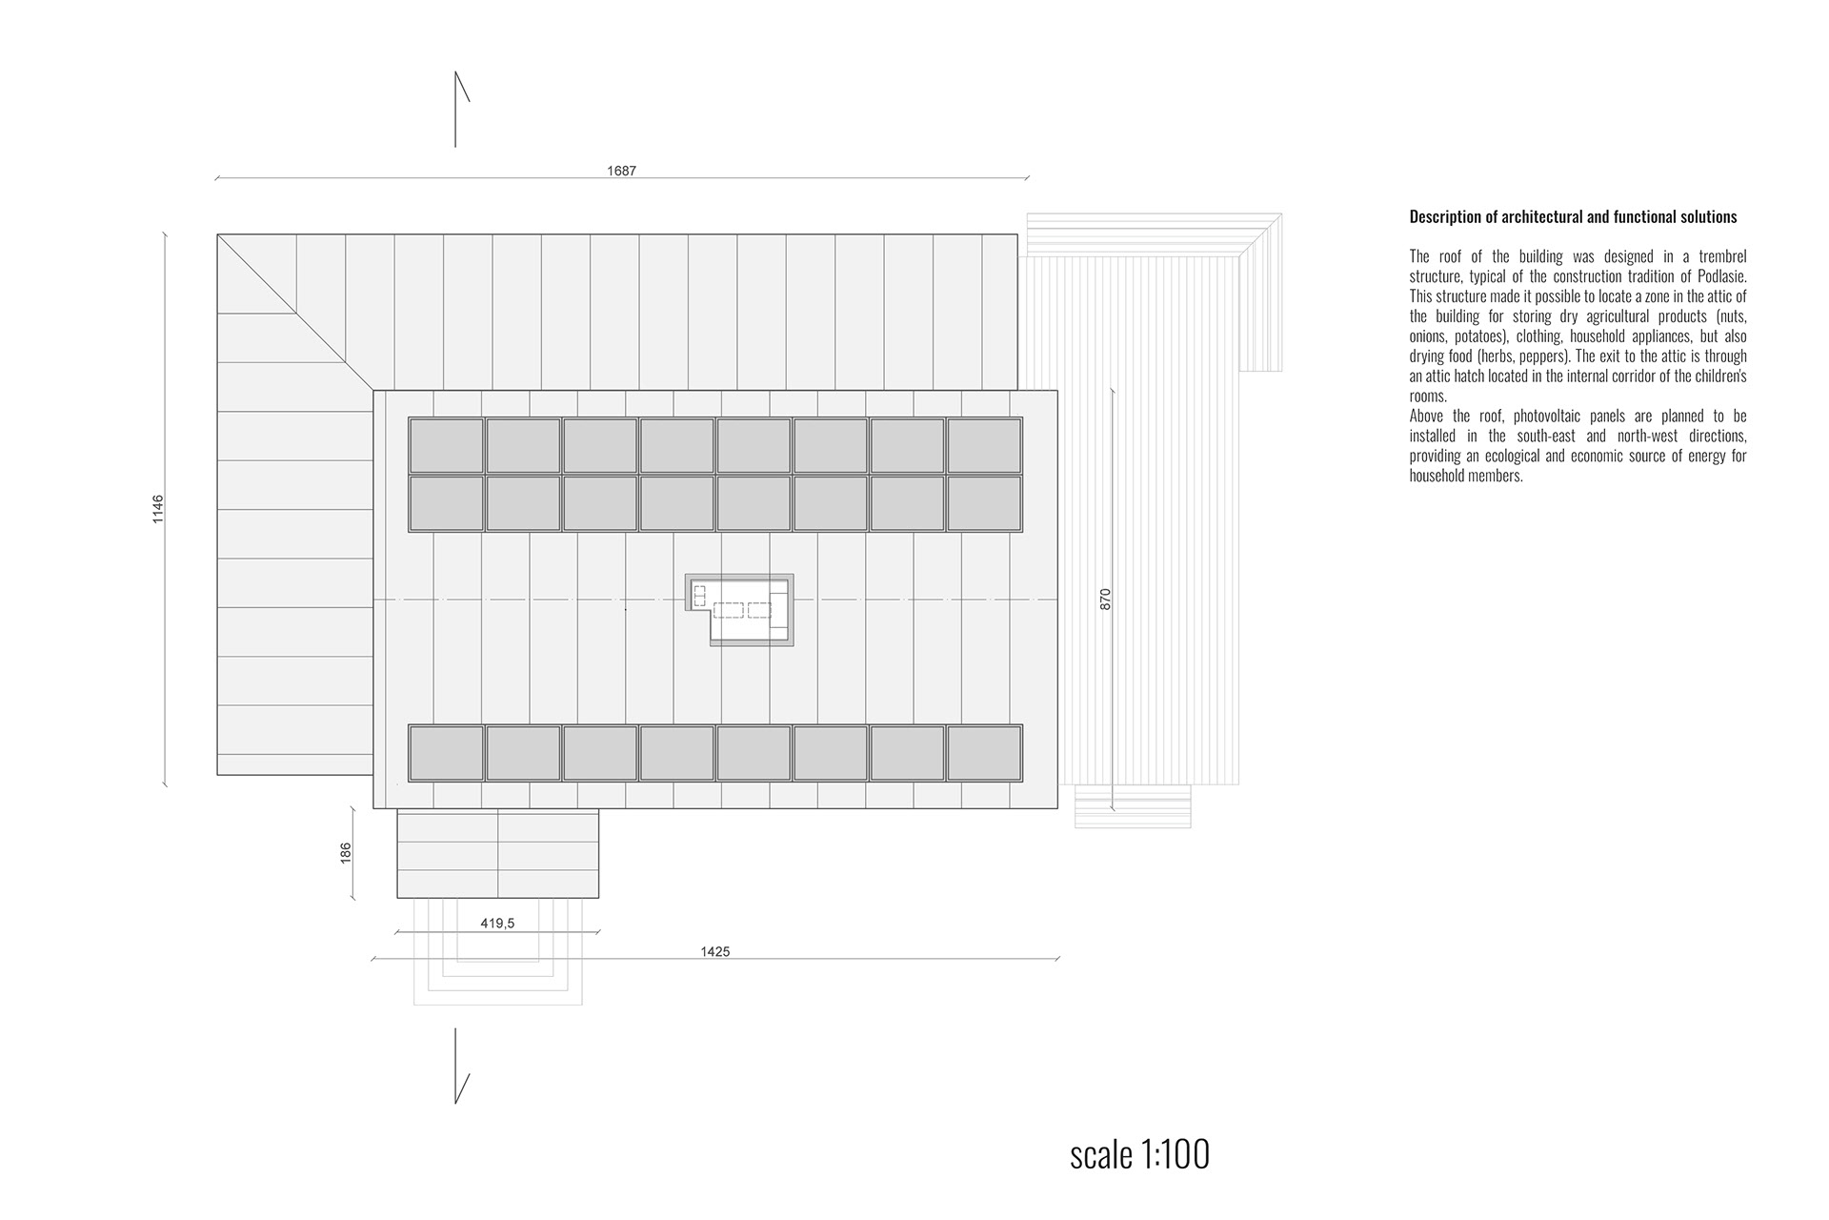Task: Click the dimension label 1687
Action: click(621, 172)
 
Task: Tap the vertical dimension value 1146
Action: click(158, 509)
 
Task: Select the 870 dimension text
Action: click(1105, 599)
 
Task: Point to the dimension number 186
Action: click(347, 852)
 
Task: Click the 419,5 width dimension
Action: click(497, 924)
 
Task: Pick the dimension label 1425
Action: click(714, 952)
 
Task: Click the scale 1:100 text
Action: click(1140, 1154)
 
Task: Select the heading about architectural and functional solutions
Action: click(1573, 217)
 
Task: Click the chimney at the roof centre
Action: click(739, 610)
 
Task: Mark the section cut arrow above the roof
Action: click(461, 109)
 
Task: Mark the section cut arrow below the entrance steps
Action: click(461, 1066)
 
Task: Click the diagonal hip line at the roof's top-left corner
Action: click(295, 312)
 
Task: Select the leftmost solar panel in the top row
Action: click(447, 445)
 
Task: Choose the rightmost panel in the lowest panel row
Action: click(984, 753)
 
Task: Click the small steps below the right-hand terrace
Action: click(1133, 806)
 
